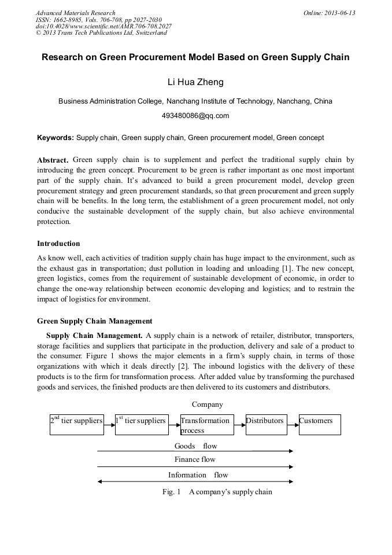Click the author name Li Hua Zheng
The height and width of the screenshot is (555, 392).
195,82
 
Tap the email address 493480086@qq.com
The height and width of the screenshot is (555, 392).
195,116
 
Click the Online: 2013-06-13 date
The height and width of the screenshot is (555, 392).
329,13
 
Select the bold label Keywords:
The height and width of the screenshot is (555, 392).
56,138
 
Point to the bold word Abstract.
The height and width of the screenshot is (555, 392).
53,160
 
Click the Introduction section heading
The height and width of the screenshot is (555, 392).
58,244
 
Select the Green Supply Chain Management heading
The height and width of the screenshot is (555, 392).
95,321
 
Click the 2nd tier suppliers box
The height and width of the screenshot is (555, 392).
76,424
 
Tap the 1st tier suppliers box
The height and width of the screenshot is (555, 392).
142,424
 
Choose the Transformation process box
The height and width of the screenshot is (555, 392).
207,424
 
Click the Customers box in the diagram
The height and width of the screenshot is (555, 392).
320,424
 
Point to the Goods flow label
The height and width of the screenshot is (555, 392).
195,446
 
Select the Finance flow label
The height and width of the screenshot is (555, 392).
195,460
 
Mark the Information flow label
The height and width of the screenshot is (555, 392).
198,475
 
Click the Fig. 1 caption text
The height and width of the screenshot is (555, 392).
217,492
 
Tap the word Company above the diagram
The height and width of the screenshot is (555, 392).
207,405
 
